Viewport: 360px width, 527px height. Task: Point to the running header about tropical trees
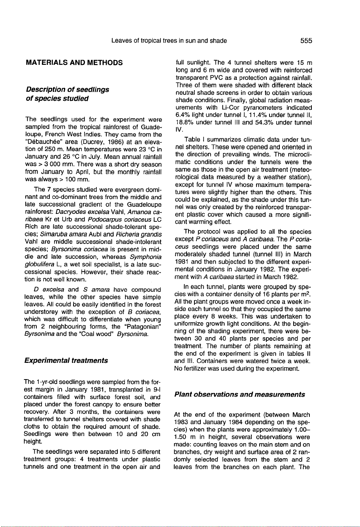pos(169,40)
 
